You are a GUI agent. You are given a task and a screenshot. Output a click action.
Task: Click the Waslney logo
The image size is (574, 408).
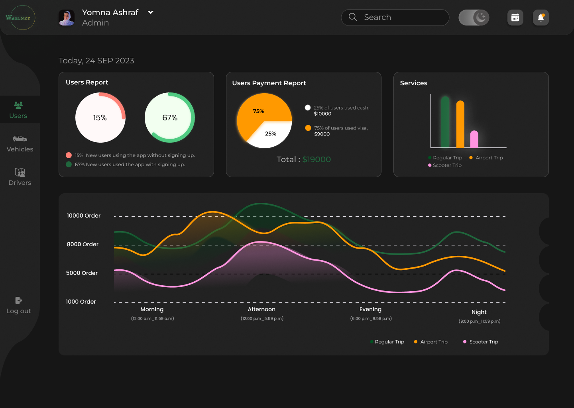point(18,18)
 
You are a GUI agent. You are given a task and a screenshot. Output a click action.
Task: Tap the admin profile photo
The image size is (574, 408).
point(67,18)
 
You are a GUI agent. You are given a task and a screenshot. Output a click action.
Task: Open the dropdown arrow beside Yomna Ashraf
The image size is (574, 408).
point(151,12)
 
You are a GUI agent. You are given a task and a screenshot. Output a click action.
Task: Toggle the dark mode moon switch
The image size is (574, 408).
point(474,18)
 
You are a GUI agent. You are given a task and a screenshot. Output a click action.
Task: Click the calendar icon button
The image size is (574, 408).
point(515,18)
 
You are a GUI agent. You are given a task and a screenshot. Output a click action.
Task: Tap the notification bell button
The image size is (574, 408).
point(541,18)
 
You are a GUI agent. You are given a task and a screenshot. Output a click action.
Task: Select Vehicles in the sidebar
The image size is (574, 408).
point(20,143)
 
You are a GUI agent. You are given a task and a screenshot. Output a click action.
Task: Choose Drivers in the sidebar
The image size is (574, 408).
point(20,177)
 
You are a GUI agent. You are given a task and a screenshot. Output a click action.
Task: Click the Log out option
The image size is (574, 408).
point(19,306)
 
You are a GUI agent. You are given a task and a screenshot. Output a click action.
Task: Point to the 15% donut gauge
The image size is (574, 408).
point(100,118)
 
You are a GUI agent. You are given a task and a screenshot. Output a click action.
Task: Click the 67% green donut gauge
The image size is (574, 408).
point(170,118)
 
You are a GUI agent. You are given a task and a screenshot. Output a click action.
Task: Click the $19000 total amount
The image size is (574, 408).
point(316,159)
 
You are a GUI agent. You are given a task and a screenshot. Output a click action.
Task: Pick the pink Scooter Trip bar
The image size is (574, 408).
point(474,139)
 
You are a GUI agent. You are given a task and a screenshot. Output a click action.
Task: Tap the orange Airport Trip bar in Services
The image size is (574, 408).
point(460,124)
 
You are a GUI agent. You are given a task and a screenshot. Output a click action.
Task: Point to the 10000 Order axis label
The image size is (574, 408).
point(84,216)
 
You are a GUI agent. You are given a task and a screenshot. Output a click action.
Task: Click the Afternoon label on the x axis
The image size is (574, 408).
point(261,309)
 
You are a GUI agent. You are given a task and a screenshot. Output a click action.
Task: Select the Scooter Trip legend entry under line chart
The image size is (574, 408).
point(481,342)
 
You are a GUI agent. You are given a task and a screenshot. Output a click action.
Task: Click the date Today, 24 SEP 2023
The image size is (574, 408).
point(96,61)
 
